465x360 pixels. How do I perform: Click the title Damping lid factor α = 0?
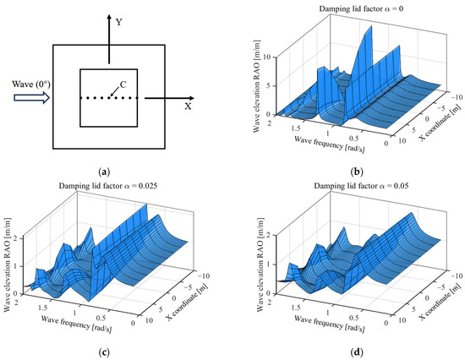[354, 8]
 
